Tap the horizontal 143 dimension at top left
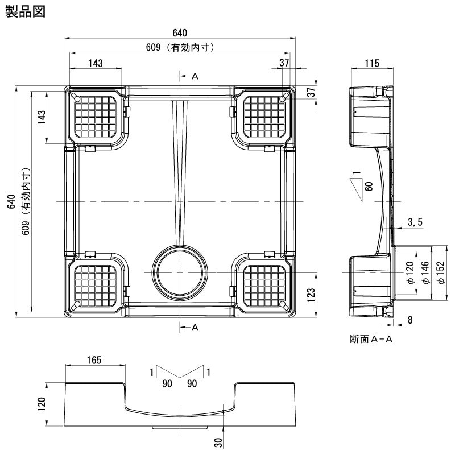coord(96,63)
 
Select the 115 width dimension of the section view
coord(372,63)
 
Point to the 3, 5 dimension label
coord(415,222)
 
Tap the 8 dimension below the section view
coord(411,320)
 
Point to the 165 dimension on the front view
coord(94,359)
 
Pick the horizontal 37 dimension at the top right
coord(284,63)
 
